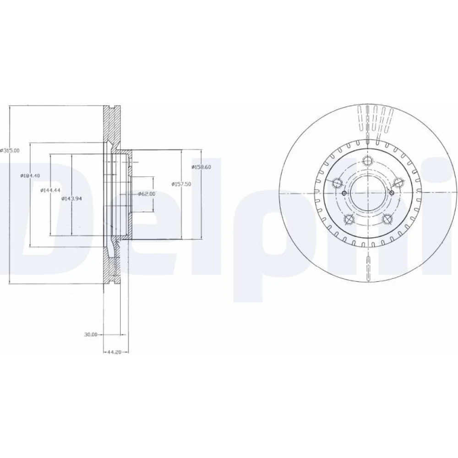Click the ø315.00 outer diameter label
pos(10,150)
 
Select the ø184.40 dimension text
pos(30,175)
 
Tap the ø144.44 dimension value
pos(50,190)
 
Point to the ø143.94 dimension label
pos(71,199)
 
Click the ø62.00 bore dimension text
pos(147,194)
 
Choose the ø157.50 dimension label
pos(181,184)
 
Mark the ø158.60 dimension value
pos(201,167)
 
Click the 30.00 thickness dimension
pos(91,334)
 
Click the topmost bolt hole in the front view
pos(367,160)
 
